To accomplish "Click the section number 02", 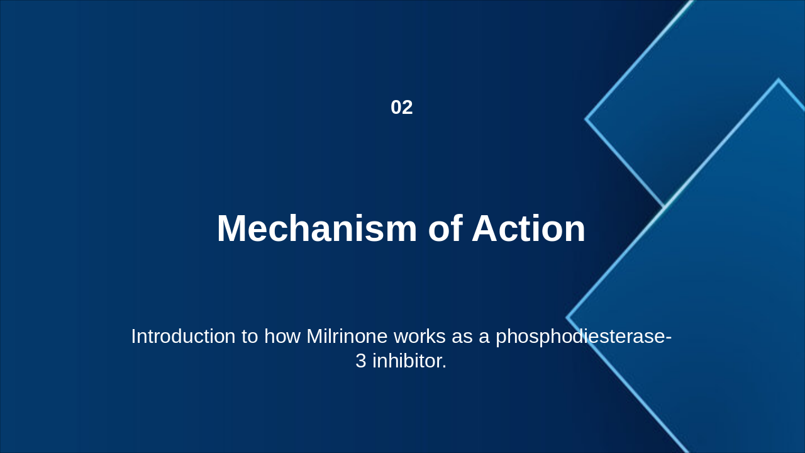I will pyautogui.click(x=401, y=108).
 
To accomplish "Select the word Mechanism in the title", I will pyautogui.click(x=316, y=228).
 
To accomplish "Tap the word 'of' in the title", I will pyautogui.click(x=444, y=228).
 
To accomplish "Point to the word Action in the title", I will pyautogui.click(x=528, y=228).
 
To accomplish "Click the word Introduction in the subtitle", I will pyautogui.click(x=183, y=336).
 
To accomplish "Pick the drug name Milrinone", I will pyautogui.click(x=347, y=336).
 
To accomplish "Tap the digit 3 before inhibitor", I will pyautogui.click(x=360, y=361).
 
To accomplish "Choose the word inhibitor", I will pyautogui.click(x=409, y=361).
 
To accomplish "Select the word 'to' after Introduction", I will pyautogui.click(x=250, y=336).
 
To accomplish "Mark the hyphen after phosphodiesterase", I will pyautogui.click(x=669, y=337).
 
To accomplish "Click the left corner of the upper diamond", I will pyautogui.click(x=586, y=119).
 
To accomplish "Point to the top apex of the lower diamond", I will pyautogui.click(x=779, y=80).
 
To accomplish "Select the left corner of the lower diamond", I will pyautogui.click(x=567, y=318).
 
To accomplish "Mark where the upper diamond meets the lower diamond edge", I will pyautogui.click(x=664, y=206).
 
